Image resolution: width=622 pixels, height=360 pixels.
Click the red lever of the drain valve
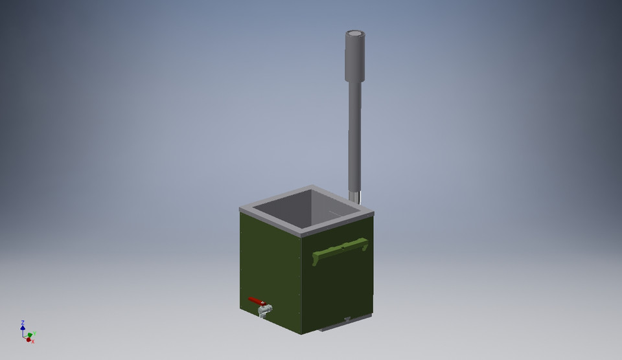tap(256, 301)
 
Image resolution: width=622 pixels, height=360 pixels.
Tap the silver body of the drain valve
tap(264, 311)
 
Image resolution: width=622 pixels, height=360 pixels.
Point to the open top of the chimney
tap(355, 34)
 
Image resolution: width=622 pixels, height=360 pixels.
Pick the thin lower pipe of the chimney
tap(354, 136)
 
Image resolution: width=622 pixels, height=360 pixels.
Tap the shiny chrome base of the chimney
tap(355, 196)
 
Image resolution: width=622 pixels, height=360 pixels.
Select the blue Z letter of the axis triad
tap(23, 322)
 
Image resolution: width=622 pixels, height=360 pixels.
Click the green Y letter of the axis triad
tap(34, 333)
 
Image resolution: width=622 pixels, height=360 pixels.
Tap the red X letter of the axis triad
tap(32, 341)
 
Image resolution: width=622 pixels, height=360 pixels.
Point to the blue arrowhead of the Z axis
tap(23, 328)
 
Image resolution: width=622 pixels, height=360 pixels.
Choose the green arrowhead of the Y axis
tap(30, 335)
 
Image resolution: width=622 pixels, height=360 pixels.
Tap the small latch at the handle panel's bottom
tap(347, 319)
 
